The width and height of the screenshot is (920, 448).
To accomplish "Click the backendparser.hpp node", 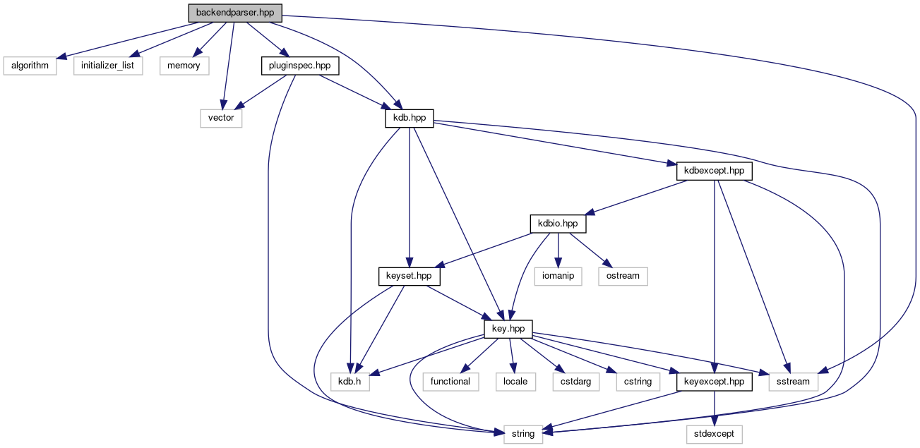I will coord(234,13).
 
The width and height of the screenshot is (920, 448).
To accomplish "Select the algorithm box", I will coord(29,66).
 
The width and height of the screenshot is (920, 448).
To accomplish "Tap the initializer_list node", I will coord(108,66).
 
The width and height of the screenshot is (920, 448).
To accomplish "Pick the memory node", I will coord(184,66).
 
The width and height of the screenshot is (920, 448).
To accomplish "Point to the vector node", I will coord(221,118).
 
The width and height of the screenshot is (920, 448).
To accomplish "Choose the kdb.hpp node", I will coord(409,118).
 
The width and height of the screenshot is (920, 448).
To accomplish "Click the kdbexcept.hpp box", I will coord(715,171).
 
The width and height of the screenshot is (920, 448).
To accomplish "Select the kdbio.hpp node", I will coord(558,224).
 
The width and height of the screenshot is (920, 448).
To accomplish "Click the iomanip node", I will coord(558,276).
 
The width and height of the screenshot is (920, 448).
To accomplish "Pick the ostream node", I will coord(623,276).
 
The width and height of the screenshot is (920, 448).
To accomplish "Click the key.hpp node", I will coord(508,329).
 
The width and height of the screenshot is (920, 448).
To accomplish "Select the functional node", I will coord(450,382).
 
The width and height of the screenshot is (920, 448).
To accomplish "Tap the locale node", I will coord(515,382).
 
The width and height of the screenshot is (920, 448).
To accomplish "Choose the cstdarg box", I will coord(576,382).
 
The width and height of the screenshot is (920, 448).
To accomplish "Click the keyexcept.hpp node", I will coord(715,382).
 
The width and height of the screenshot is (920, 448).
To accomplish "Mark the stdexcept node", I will coord(715,434).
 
